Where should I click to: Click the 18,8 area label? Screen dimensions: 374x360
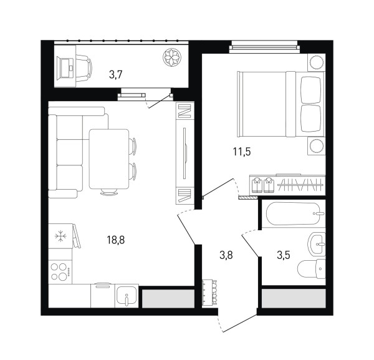click(116, 240)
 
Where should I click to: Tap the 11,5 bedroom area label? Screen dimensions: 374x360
click(242, 152)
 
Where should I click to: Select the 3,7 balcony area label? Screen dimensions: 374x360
click(116, 75)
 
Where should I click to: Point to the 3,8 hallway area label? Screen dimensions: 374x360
click(226, 255)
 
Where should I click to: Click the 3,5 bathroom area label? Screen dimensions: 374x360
click(284, 255)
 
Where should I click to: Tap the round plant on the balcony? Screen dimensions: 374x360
click(172, 57)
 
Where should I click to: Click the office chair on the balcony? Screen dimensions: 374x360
click(84, 68)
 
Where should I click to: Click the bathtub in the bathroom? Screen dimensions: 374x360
click(295, 213)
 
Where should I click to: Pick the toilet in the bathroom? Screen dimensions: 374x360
click(312, 268)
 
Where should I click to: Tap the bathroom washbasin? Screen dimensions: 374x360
click(317, 244)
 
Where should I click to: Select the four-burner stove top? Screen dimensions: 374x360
click(60, 271)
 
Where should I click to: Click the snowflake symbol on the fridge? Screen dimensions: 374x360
click(60, 236)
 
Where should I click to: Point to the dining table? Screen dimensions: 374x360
click(109, 159)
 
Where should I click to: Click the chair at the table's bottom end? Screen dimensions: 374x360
click(109, 192)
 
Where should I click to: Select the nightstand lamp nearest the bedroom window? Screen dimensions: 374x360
click(316, 62)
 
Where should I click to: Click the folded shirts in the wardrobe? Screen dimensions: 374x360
click(262, 185)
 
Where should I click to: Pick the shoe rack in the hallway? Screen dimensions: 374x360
click(209, 293)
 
